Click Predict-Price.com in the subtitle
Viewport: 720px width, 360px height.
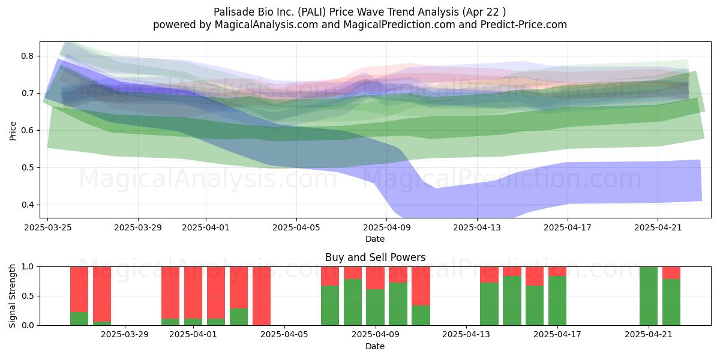coord(524,25)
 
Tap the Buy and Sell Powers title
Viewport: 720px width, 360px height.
coord(375,257)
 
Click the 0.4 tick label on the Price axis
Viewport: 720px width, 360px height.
coord(27,205)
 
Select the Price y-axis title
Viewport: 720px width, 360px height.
coord(13,131)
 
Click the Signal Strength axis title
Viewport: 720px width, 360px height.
coord(12,296)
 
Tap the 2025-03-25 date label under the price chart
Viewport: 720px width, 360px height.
coord(48,227)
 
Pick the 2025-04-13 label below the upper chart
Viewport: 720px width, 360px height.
coord(477,227)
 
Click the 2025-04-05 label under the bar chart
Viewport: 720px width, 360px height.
coord(284,334)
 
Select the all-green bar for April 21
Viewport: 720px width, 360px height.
coord(649,296)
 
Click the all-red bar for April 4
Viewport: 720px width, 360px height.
coord(262,296)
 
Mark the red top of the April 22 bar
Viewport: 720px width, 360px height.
coord(671,273)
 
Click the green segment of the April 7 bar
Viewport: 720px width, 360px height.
coord(330,305)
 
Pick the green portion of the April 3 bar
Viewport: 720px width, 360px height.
coord(239,317)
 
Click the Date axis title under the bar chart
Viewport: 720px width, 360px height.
coord(375,346)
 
